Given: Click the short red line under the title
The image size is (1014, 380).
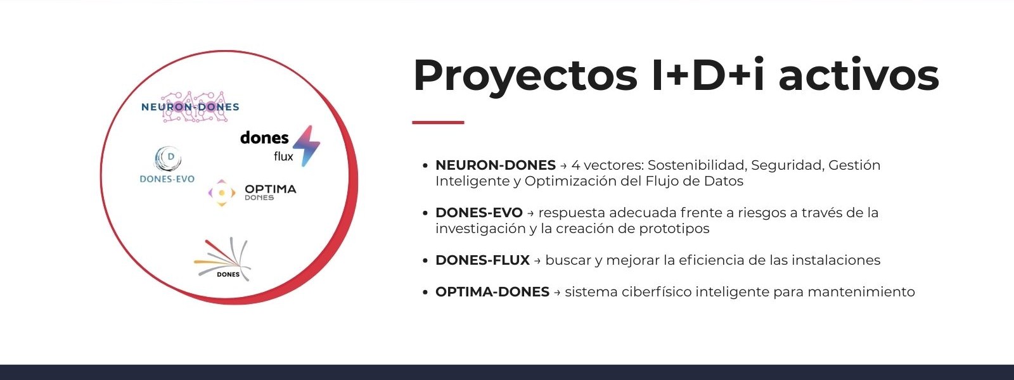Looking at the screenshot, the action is click(x=438, y=122).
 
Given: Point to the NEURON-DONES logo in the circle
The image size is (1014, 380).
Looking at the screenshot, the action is click(x=190, y=107).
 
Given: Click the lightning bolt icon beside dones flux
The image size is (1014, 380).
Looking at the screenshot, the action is click(x=307, y=146).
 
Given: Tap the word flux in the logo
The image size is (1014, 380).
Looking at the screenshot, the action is click(x=283, y=156).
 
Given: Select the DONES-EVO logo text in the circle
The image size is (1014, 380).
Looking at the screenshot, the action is click(x=167, y=179).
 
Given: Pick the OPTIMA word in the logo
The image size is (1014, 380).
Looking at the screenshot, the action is click(x=270, y=189).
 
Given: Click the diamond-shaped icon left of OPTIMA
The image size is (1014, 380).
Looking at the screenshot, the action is click(x=222, y=193).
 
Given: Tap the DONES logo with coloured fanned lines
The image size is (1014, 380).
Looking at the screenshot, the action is click(x=222, y=259).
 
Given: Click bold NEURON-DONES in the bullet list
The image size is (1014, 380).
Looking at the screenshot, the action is click(x=495, y=165).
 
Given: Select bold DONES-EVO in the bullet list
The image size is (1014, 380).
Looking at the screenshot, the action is click(x=479, y=213).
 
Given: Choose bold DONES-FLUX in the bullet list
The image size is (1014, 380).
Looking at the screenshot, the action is click(x=482, y=260).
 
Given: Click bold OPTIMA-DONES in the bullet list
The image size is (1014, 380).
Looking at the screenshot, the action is click(x=492, y=292).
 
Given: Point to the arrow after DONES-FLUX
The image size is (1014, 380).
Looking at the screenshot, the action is click(x=537, y=261).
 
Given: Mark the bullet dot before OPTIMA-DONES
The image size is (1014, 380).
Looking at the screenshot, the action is click(x=425, y=292).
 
